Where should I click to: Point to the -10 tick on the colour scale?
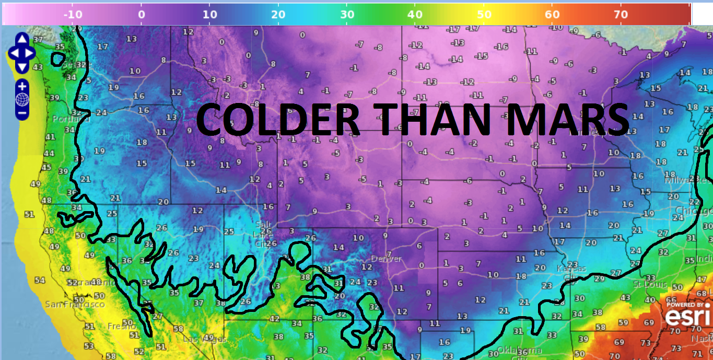click(x=73, y=15)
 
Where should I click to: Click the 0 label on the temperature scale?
click(x=141, y=15)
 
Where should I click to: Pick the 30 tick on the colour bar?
click(x=347, y=15)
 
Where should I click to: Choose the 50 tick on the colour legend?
click(x=484, y=15)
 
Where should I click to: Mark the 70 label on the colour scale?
click(x=621, y=15)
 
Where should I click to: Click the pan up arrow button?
click(x=22, y=39)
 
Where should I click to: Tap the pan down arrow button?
click(x=22, y=67)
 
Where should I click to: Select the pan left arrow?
click(x=14, y=53)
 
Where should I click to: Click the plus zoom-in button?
click(x=22, y=86)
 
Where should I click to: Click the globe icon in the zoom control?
click(x=22, y=99)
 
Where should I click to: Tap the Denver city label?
click(x=387, y=259)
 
